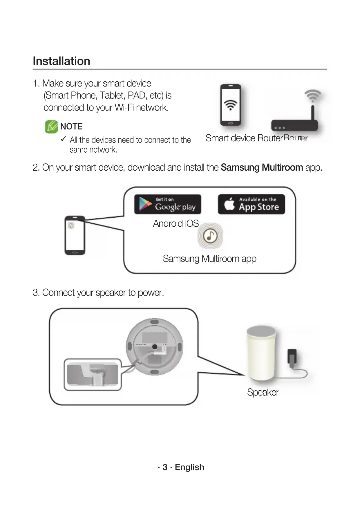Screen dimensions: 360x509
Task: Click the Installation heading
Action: click(x=61, y=61)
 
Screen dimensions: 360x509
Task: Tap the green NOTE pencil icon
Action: click(x=51, y=127)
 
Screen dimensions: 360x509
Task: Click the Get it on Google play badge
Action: click(x=168, y=204)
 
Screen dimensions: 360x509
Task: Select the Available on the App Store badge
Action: click(x=251, y=204)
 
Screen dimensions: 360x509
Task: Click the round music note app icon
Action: click(x=210, y=236)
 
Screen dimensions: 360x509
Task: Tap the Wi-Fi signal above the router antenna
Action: click(x=313, y=95)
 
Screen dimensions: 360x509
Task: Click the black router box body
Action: click(x=294, y=125)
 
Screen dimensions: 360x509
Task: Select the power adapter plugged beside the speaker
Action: click(x=292, y=356)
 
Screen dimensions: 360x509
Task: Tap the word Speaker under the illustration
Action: click(x=263, y=392)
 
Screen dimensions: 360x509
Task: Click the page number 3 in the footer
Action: click(x=165, y=467)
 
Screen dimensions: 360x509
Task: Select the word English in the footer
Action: click(x=189, y=467)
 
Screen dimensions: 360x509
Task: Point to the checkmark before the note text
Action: click(x=64, y=139)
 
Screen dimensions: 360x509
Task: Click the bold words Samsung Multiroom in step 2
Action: click(x=262, y=167)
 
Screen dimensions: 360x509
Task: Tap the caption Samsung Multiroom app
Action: click(x=209, y=259)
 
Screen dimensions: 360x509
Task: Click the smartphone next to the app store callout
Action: click(x=75, y=235)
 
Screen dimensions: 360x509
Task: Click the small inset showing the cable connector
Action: click(x=93, y=375)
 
